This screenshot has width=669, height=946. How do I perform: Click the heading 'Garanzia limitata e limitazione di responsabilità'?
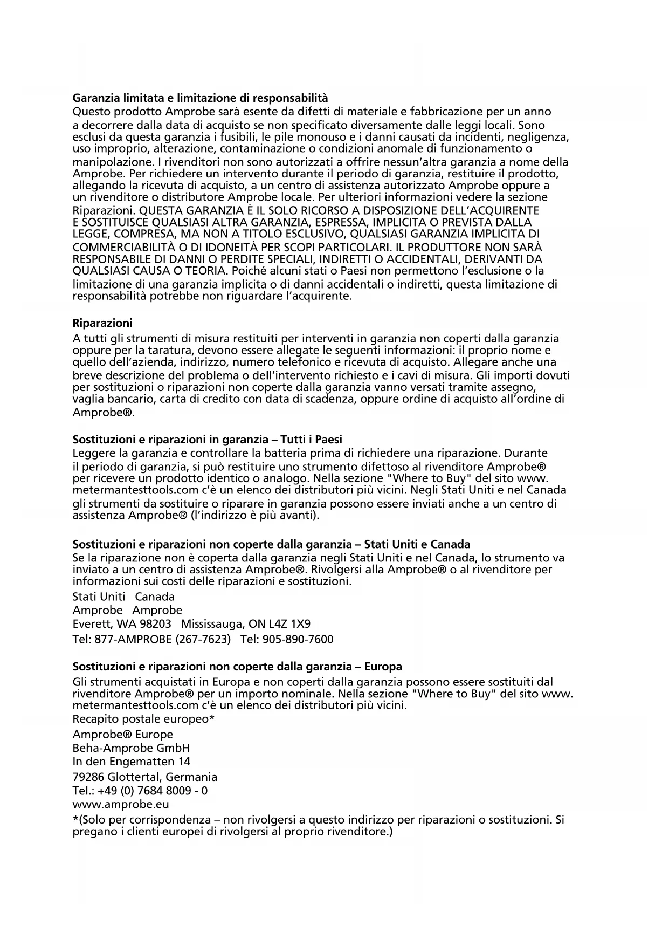(x=200, y=98)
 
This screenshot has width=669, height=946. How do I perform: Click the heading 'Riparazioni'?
(x=102, y=323)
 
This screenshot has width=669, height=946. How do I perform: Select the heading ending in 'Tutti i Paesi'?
(x=208, y=439)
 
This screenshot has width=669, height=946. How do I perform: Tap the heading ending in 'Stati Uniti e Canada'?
(x=271, y=544)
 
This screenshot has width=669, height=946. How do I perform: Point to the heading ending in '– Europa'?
(x=237, y=667)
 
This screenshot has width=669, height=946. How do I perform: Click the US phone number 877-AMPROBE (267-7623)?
(x=162, y=640)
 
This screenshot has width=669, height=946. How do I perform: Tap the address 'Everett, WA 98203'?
(x=122, y=625)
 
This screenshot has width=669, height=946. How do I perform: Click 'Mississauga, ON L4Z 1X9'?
(x=246, y=625)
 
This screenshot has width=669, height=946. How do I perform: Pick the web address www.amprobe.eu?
(x=121, y=804)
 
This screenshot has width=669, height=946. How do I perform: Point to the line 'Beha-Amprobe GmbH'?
(x=131, y=748)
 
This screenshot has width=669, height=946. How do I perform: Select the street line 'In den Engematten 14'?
(x=132, y=762)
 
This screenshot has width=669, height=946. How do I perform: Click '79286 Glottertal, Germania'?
(x=145, y=777)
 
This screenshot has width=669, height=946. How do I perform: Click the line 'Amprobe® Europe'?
(x=123, y=734)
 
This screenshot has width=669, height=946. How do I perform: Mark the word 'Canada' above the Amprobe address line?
(x=155, y=597)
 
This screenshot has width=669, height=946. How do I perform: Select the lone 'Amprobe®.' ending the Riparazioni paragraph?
(x=104, y=413)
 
